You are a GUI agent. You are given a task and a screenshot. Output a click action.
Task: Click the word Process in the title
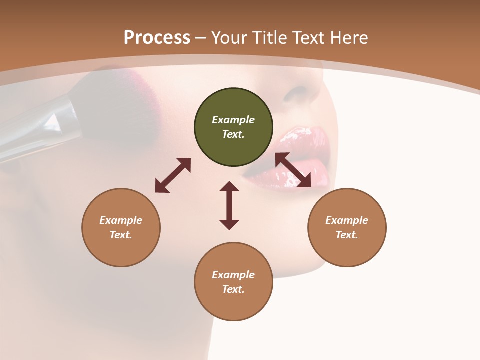click(157, 38)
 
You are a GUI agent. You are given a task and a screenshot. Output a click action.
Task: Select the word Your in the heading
click(230, 38)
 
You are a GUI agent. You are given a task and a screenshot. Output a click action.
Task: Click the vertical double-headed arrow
click(229, 205)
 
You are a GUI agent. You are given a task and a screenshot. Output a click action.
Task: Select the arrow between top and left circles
click(173, 175)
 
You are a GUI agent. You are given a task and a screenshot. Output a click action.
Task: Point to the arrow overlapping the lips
click(293, 170)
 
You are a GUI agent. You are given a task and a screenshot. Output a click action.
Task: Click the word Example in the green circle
click(233, 120)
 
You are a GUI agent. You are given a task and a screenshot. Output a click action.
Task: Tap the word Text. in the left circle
click(121, 235)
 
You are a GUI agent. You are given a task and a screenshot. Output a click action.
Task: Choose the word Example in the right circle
click(347, 220)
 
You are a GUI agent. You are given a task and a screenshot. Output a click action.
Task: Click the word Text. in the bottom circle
click(233, 289)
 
